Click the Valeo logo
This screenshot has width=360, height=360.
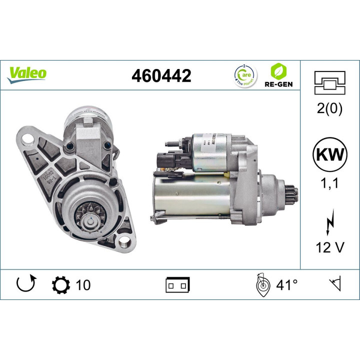point(27,73)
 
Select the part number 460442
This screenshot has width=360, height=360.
point(161,75)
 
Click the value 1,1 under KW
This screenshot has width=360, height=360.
point(329,183)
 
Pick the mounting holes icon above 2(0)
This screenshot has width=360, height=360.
point(329,83)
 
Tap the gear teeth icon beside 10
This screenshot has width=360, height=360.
point(61,285)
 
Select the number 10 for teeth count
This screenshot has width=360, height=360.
point(83,285)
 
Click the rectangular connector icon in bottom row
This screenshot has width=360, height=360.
point(177,285)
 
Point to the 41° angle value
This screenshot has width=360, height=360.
point(287,285)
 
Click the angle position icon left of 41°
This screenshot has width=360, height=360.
point(261,285)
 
